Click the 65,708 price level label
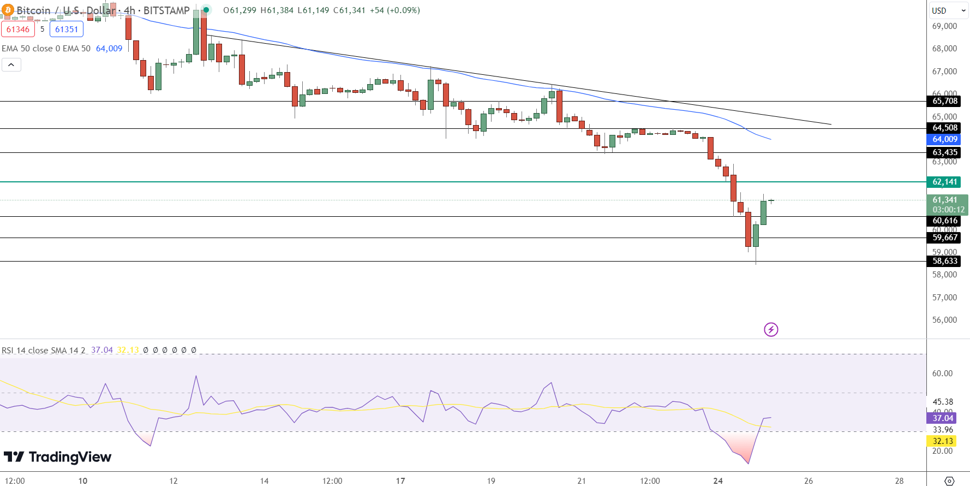pyautogui.click(x=944, y=101)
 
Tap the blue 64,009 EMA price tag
pyautogui.click(x=944, y=139)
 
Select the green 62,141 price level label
pyautogui.click(x=944, y=182)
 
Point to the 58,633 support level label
pyautogui.click(x=944, y=261)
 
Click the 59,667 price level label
pyautogui.click(x=944, y=238)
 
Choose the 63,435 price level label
pyautogui.click(x=944, y=152)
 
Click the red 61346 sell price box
pyautogui.click(x=18, y=29)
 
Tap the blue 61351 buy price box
pyautogui.click(x=67, y=29)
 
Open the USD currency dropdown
pyautogui.click(x=948, y=10)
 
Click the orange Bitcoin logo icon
pyautogui.click(x=8, y=10)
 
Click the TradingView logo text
pyautogui.click(x=58, y=457)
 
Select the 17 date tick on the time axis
pyautogui.click(x=400, y=481)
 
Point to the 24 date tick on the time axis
pyautogui.click(x=718, y=481)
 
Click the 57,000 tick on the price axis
pyautogui.click(x=944, y=298)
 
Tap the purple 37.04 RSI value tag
pyautogui.click(x=942, y=418)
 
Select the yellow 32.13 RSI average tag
pyautogui.click(x=942, y=441)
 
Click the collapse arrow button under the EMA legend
pyautogui.click(x=11, y=65)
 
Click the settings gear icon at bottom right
pyautogui.click(x=949, y=481)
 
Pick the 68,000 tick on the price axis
pyautogui.click(x=944, y=49)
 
